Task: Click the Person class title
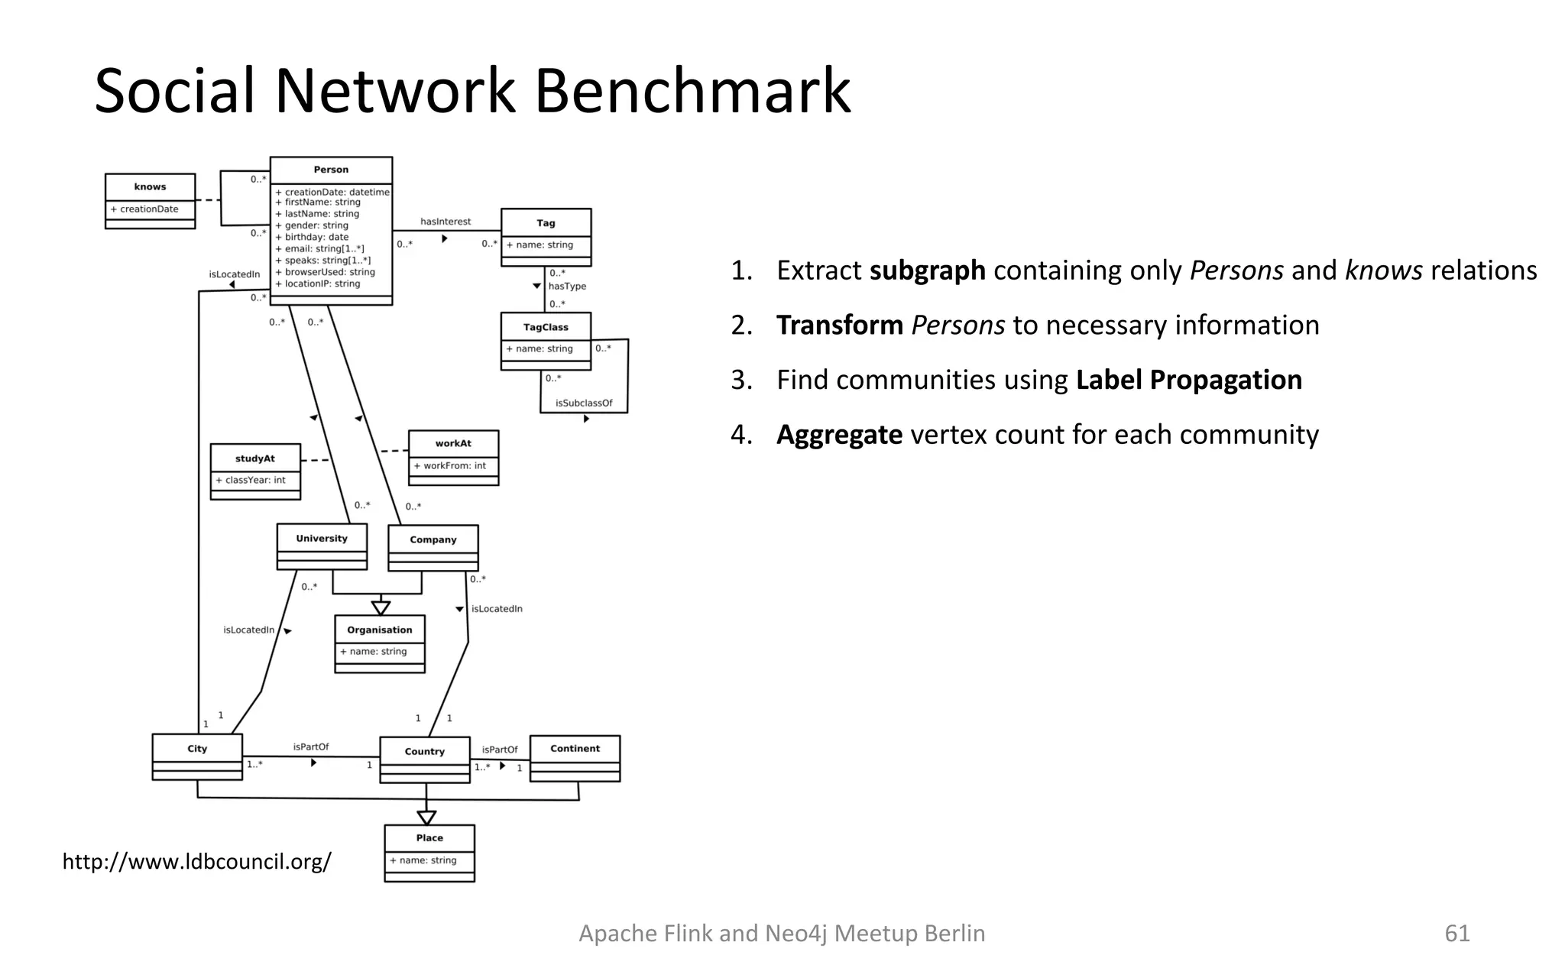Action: click(331, 170)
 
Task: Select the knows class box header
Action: click(150, 186)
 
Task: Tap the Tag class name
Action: click(546, 223)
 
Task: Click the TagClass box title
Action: click(546, 327)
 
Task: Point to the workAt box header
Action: click(453, 443)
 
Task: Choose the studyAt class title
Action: click(255, 458)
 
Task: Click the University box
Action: click(322, 539)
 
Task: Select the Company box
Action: click(433, 540)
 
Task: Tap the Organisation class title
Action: click(380, 630)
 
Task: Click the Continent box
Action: click(575, 749)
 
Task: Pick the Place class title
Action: click(429, 837)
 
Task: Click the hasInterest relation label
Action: click(446, 222)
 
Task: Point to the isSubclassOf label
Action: click(584, 403)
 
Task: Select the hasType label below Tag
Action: click(567, 286)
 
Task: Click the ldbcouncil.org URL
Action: click(196, 862)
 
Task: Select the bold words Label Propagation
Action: click(1188, 380)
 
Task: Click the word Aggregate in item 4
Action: click(839, 435)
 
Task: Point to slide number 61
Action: click(1456, 933)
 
